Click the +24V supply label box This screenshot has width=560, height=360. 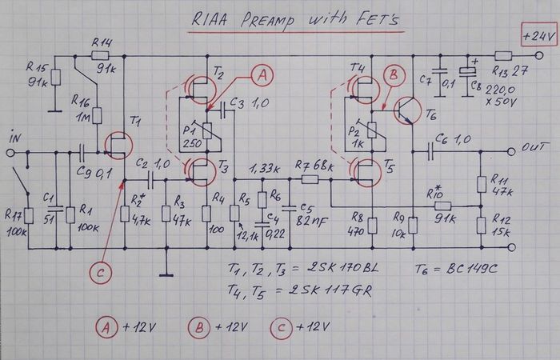534,37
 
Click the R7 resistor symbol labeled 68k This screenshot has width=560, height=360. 310,180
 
